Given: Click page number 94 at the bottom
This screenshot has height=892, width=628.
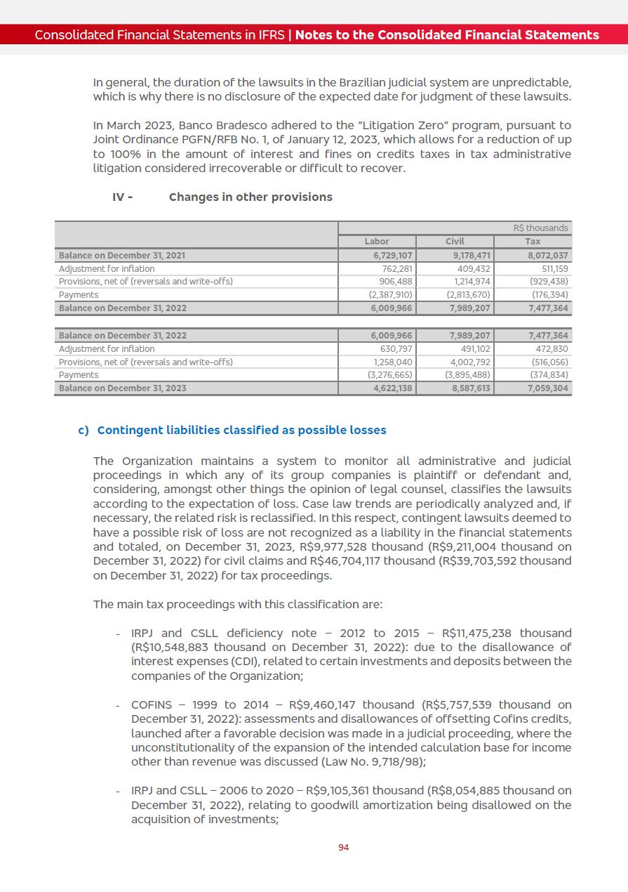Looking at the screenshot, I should (x=343, y=848).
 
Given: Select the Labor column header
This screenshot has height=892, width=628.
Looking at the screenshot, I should (x=377, y=242).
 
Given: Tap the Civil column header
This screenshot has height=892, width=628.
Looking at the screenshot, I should (x=455, y=242).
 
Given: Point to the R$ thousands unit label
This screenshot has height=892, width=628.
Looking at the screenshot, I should (x=540, y=228).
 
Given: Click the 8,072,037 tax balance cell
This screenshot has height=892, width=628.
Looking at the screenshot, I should (x=547, y=256).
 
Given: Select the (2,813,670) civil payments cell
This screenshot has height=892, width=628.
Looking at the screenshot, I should (x=468, y=295).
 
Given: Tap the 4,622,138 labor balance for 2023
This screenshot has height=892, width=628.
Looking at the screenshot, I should (x=392, y=388).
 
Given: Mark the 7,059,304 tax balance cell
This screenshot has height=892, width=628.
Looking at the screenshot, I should (x=548, y=388).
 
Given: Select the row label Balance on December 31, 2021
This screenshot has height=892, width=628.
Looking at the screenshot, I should (x=122, y=256).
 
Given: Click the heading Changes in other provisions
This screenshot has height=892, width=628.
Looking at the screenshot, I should (x=250, y=197).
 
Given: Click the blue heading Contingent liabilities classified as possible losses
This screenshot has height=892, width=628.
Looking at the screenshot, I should (x=241, y=430).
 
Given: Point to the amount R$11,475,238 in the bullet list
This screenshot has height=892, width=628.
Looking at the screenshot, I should (x=479, y=634).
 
